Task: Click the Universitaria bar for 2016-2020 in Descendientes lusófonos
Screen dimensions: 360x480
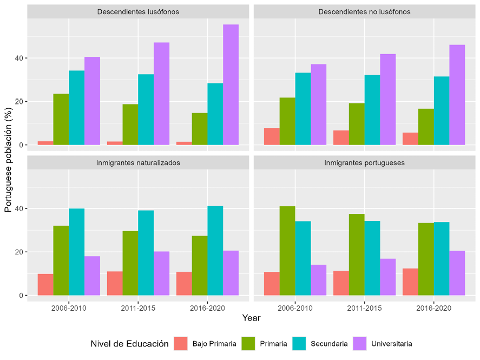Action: (x=231, y=85)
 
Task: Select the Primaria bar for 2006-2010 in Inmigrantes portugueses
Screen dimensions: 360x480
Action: (x=287, y=251)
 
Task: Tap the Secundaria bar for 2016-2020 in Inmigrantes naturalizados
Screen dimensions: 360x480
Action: (x=215, y=251)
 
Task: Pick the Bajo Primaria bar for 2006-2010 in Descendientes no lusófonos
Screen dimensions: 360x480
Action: (x=272, y=136)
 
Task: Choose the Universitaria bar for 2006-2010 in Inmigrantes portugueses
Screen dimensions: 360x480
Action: (x=318, y=280)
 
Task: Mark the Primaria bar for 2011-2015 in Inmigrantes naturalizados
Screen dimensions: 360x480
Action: (x=130, y=263)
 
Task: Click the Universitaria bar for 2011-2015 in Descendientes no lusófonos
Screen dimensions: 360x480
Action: (x=387, y=100)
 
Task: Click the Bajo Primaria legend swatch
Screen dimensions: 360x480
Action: (x=181, y=343)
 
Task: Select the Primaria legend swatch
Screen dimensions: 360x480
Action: (x=248, y=343)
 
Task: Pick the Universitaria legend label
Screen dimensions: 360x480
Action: (x=391, y=344)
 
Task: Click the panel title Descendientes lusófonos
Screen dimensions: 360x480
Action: (x=138, y=11)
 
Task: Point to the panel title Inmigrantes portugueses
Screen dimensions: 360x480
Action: (x=364, y=162)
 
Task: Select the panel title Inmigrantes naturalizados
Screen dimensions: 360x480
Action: (x=138, y=162)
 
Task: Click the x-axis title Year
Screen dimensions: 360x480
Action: (x=251, y=318)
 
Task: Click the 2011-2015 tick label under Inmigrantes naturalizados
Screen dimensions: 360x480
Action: (x=138, y=307)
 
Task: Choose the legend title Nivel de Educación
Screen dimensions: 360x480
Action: (x=129, y=344)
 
